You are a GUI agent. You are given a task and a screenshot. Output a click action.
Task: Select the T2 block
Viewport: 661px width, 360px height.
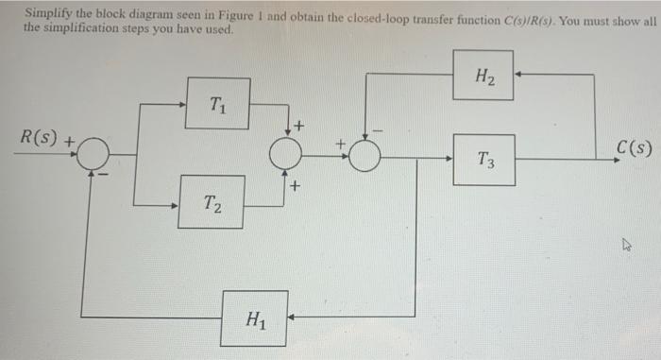tap(212, 202)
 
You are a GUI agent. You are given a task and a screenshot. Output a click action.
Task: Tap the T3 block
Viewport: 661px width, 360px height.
tap(483, 159)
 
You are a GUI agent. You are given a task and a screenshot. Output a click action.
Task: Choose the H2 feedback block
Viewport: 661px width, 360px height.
tap(483, 75)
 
